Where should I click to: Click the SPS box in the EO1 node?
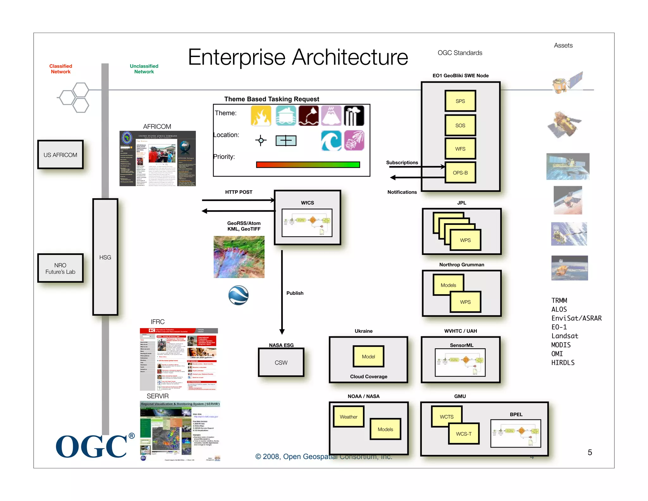click(460, 101)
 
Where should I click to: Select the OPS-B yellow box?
click(460, 173)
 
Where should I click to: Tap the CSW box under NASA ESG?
click(281, 363)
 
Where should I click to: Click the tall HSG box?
click(105, 257)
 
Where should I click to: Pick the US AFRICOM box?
click(60, 155)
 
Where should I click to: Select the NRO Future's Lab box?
click(60, 268)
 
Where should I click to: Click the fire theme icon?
click(261, 116)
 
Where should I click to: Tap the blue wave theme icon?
click(331, 141)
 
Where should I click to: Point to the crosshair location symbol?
click(261, 140)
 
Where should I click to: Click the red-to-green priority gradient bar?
click(308, 165)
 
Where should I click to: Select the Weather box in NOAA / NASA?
click(348, 417)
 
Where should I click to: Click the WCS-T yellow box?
click(464, 434)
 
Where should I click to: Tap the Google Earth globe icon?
click(239, 295)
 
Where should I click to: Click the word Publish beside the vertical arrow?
click(295, 293)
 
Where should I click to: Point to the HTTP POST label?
click(239, 192)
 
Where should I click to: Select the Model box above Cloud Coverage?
click(368, 357)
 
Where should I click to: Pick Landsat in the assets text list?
click(564, 336)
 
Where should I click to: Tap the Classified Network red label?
click(61, 69)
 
